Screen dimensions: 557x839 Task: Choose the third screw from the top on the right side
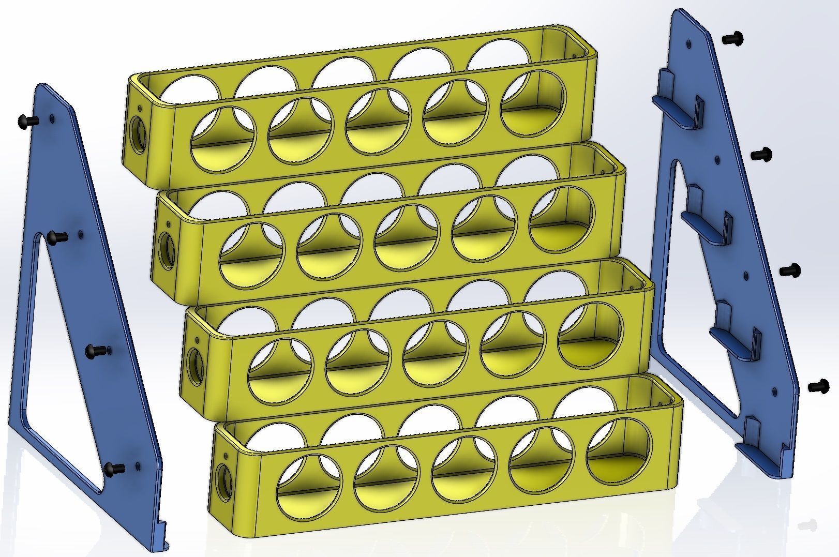click(x=790, y=270)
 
